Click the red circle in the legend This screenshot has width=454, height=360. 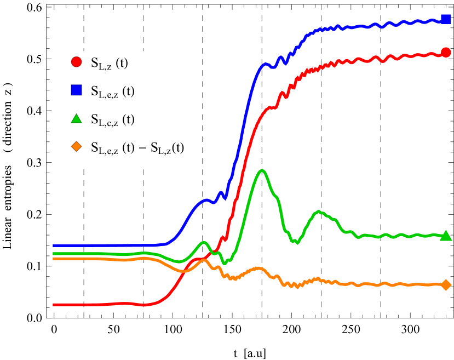77,62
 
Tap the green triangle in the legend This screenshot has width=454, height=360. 77,118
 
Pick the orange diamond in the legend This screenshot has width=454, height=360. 77,146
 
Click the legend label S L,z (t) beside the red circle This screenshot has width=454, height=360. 110,63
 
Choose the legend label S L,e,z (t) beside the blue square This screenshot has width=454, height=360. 112,91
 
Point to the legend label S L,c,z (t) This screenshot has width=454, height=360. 112,119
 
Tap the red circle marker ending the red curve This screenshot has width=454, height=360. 446,53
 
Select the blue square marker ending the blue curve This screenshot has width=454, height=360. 446,19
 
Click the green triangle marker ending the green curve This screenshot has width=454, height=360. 446,236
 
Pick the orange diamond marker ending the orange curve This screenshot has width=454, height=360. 446,285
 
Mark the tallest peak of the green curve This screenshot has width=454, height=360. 263,170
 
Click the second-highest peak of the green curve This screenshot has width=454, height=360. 319,212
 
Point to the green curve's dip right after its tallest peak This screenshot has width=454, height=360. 296,242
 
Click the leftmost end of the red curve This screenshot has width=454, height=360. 54,305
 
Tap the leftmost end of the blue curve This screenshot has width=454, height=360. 54,245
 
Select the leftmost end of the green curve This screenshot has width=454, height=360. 54,254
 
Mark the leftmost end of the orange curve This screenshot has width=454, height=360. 54,259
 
